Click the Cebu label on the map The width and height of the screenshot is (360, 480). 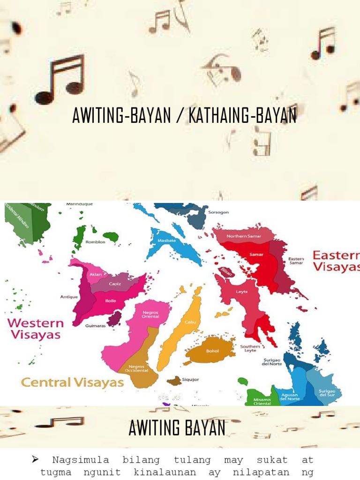[x=190, y=322]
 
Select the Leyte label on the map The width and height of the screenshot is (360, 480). [x=242, y=292]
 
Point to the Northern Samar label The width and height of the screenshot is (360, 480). [x=244, y=236]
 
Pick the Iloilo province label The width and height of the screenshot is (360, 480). [x=111, y=300]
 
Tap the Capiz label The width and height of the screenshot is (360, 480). [x=115, y=284]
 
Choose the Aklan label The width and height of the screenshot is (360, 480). [x=96, y=274]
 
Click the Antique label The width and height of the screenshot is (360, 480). [x=69, y=297]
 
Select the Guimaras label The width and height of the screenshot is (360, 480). [x=95, y=325]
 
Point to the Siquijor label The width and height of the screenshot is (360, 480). [x=191, y=379]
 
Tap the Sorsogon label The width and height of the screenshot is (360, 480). [x=218, y=212]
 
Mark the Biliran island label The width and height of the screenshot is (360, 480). [x=226, y=272]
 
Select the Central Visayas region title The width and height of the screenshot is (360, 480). [x=73, y=382]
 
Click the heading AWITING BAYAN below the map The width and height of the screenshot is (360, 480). [x=177, y=428]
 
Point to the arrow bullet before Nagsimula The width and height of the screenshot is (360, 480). [x=35, y=459]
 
